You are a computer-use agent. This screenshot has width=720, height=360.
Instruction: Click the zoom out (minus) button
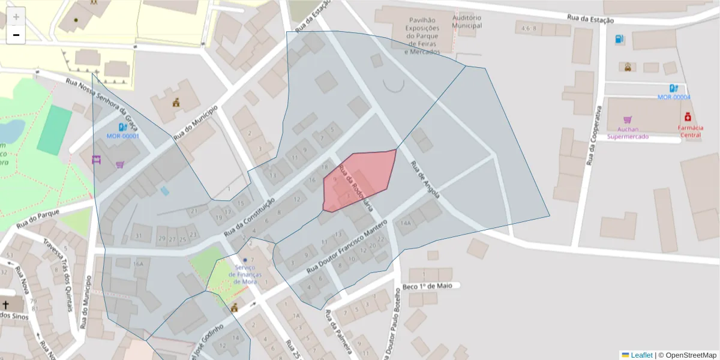click(x=16, y=35)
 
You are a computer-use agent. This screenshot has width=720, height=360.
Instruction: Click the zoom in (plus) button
click(x=16, y=17)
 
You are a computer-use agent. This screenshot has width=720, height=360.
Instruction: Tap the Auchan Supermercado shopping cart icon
click(x=628, y=120)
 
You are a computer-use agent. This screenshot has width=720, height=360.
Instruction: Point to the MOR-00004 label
click(x=674, y=97)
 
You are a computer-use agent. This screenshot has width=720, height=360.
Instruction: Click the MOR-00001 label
click(x=123, y=136)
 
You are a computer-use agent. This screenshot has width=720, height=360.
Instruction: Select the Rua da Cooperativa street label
click(x=593, y=137)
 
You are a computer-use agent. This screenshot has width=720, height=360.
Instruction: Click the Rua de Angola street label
click(x=425, y=179)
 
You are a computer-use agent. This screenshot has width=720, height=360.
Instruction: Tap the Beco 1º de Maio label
click(x=427, y=286)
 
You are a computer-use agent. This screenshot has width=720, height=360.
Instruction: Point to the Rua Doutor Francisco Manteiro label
click(x=347, y=248)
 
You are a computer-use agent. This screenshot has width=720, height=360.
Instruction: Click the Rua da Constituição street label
click(x=249, y=217)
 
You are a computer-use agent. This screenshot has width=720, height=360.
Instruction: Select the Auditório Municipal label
click(x=466, y=22)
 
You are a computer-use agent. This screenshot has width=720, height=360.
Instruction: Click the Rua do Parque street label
click(x=40, y=217)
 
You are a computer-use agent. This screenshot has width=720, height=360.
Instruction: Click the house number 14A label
click(x=406, y=223)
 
